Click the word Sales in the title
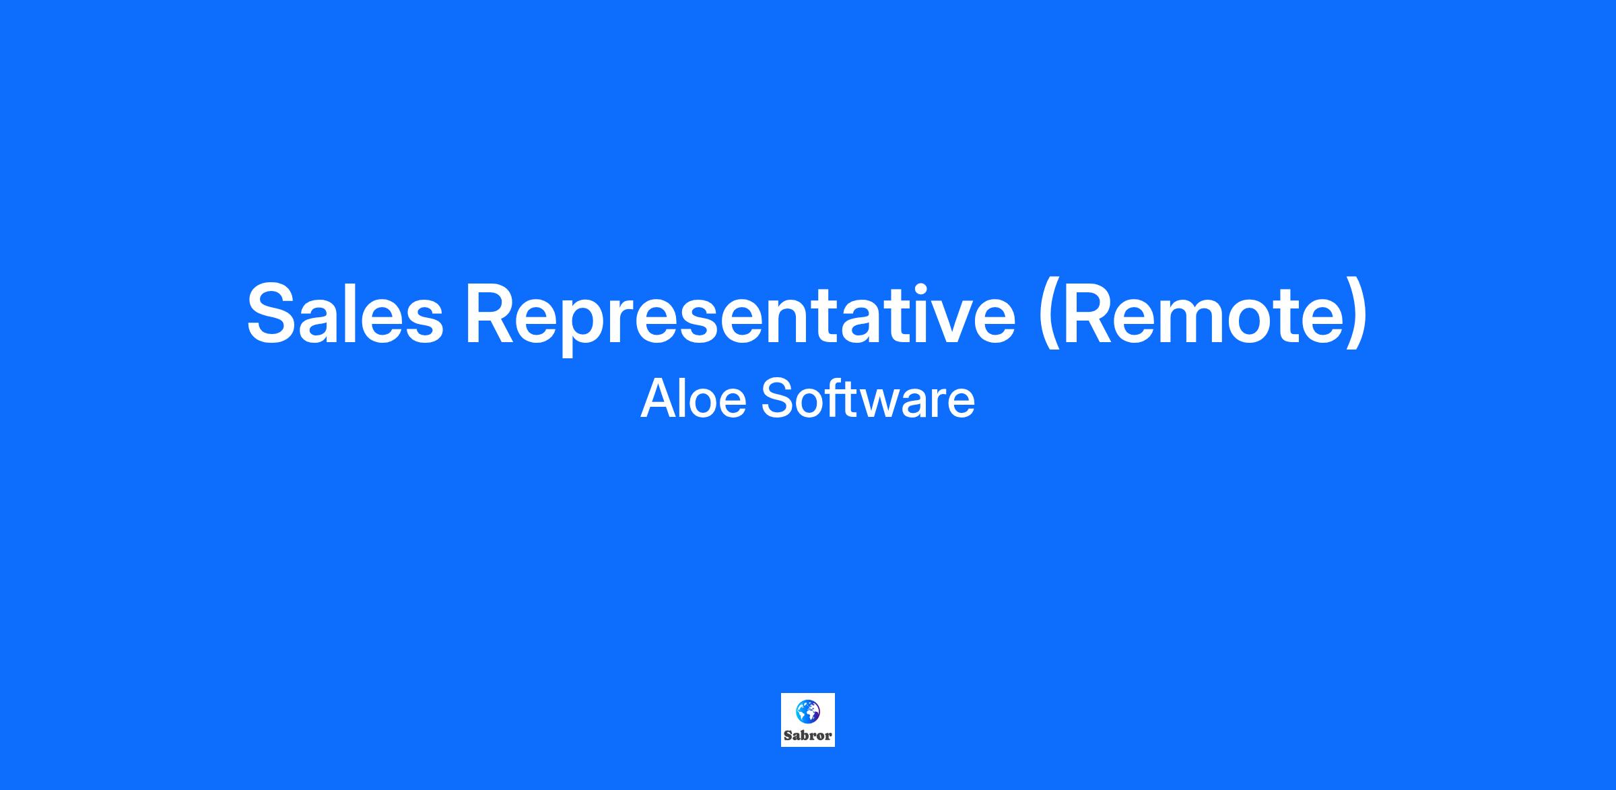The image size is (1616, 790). click(x=345, y=314)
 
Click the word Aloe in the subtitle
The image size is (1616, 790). click(x=694, y=399)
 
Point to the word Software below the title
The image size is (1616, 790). click(x=868, y=399)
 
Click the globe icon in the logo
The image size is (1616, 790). click(x=807, y=711)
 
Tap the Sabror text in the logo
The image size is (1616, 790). click(x=807, y=735)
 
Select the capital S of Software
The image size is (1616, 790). click(x=778, y=399)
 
